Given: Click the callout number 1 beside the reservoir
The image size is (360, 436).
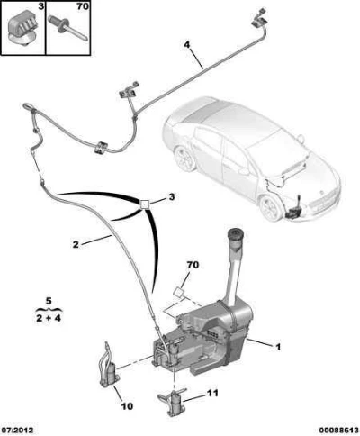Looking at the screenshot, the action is pyautogui.click(x=278, y=347).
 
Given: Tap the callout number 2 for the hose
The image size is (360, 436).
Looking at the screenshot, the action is pyautogui.click(x=76, y=244).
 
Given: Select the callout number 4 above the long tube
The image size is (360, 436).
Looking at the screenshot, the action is pyautogui.click(x=186, y=45).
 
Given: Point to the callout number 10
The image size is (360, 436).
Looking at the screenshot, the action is pyautogui.click(x=127, y=406).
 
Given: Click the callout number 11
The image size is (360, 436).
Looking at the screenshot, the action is pyautogui.click(x=212, y=393).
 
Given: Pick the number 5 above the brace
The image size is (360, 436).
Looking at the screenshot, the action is pyautogui.click(x=49, y=300).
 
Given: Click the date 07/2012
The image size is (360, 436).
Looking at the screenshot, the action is pyautogui.click(x=17, y=431).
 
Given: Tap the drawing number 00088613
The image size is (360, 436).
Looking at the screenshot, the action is pyautogui.click(x=337, y=431).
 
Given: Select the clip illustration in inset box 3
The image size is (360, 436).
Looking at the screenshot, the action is pyautogui.click(x=22, y=28).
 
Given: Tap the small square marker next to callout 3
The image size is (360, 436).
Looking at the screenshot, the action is pyautogui.click(x=145, y=204).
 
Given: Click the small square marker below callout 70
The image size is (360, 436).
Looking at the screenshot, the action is pyautogui.click(x=178, y=292).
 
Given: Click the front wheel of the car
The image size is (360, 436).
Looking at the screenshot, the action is pyautogui.click(x=269, y=208).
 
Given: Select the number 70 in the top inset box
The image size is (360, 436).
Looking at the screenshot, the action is pyautogui.click(x=83, y=6).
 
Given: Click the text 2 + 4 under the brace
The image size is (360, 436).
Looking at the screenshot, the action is pyautogui.click(x=49, y=318).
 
